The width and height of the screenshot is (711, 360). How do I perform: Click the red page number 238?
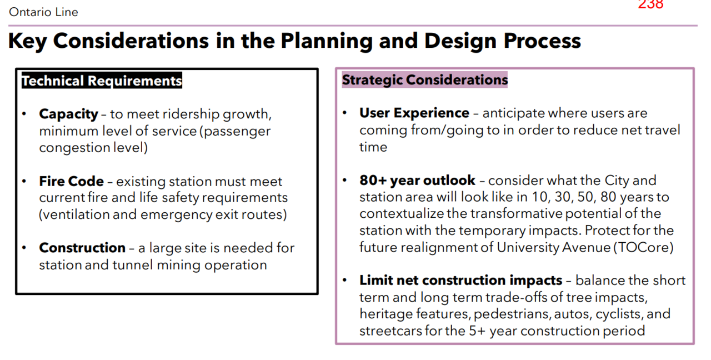coord(650,4)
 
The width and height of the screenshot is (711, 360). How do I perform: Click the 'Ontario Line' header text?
coord(43,12)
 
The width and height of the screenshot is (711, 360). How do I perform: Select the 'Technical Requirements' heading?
coord(102,81)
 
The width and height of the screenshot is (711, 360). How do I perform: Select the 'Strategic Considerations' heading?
coord(425,79)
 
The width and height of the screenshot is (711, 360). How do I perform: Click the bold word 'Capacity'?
coord(68,114)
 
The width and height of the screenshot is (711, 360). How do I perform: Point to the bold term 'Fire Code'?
coord(72,181)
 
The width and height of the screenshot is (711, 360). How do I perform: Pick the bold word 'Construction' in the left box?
coord(82,248)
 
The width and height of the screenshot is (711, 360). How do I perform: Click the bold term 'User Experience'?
coord(414,113)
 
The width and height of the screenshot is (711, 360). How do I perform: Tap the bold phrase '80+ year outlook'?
coord(417,181)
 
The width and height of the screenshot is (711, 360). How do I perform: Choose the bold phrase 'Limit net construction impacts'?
coord(460,281)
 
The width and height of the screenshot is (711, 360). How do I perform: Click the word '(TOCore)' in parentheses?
coord(643,248)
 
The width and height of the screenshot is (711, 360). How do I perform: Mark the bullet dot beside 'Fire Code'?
coord(24,181)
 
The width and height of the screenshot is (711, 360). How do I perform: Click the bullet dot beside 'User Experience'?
coord(345,113)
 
